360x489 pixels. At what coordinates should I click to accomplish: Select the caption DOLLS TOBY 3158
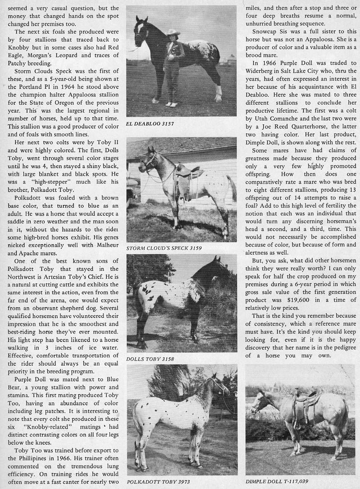click(150, 359)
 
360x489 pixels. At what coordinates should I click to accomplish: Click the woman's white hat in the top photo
click(173, 32)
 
